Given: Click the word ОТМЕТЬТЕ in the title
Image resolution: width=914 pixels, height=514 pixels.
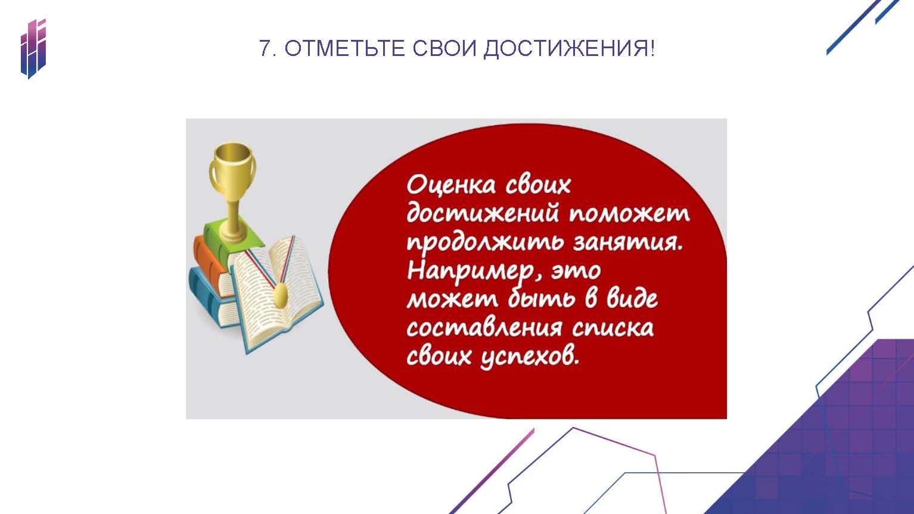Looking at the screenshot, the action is pos(345,49).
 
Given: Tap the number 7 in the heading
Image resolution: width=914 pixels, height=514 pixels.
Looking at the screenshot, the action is pos(265,49).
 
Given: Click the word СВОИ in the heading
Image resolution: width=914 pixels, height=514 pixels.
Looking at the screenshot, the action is pos(444,49).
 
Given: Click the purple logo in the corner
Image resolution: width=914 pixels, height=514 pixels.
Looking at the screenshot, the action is pos(33,49).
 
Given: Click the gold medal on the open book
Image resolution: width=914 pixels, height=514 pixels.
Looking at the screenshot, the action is pos(280,296).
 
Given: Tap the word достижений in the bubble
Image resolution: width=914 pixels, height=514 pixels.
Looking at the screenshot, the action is pos(483,213).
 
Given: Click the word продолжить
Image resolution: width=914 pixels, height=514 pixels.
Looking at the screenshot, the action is pos(485,243).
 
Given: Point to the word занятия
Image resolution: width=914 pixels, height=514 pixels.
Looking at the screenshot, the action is pos(628,243).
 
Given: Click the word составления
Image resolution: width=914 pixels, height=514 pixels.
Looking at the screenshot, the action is pos(484,329).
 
